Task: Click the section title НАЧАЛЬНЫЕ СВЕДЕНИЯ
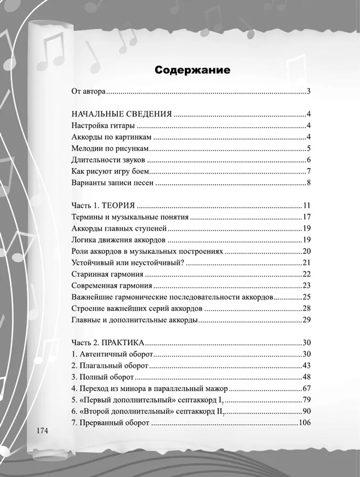click(122, 114)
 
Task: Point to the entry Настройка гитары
click(103, 125)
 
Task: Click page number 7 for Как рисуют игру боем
click(307, 171)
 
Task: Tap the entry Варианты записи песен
click(113, 182)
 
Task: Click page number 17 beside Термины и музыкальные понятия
click(305, 217)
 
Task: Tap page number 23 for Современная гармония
click(305, 286)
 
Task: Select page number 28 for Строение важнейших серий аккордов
click(305, 308)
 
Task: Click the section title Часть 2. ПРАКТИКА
click(108, 343)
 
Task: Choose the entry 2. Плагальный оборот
click(109, 365)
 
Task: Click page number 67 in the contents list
click(305, 388)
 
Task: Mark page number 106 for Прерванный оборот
click(303, 423)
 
